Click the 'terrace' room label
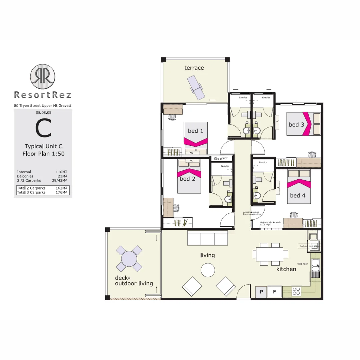tap(194, 68)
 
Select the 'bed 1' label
tap(195, 131)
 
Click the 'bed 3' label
tap(296, 125)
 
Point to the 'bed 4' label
tap(297, 195)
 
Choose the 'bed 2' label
tap(187, 179)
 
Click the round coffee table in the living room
tap(208, 270)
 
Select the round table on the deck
tap(129, 258)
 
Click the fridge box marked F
tap(275, 292)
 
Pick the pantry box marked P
tap(261, 292)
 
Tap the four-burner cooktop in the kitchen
tap(296, 292)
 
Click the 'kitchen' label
tap(286, 269)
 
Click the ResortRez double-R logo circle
tap(43, 76)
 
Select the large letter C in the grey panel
tap(43, 129)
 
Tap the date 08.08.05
tap(43, 113)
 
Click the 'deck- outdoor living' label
tap(134, 281)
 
